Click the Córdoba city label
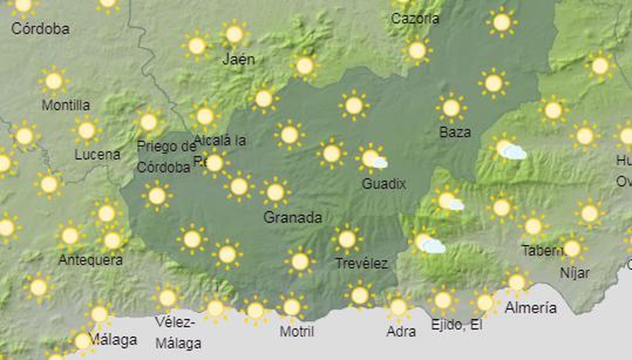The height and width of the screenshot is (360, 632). point(40,28)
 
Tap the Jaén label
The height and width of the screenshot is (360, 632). point(239,59)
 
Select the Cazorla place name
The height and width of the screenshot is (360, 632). point(415,19)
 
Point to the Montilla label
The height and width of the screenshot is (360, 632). point(66,105)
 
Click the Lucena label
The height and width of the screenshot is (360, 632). point(97,155)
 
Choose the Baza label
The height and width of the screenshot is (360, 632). point(455,132)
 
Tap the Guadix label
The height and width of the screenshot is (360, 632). point(384,183)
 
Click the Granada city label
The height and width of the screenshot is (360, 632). point(293,217)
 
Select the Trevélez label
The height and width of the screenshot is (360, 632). point(361,264)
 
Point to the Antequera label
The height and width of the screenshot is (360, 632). point(90,260)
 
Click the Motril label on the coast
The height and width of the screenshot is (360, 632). point(297,332)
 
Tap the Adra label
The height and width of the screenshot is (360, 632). point(401,332)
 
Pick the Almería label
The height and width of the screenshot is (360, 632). point(530,308)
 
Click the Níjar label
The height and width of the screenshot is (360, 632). point(575,273)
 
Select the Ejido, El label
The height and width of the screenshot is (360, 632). point(457,325)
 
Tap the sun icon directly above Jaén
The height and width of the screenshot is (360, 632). point(234,34)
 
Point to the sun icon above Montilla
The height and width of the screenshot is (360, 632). point(54,81)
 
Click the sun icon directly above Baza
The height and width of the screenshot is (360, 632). point(451,108)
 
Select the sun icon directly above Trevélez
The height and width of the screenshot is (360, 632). point(347,239)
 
